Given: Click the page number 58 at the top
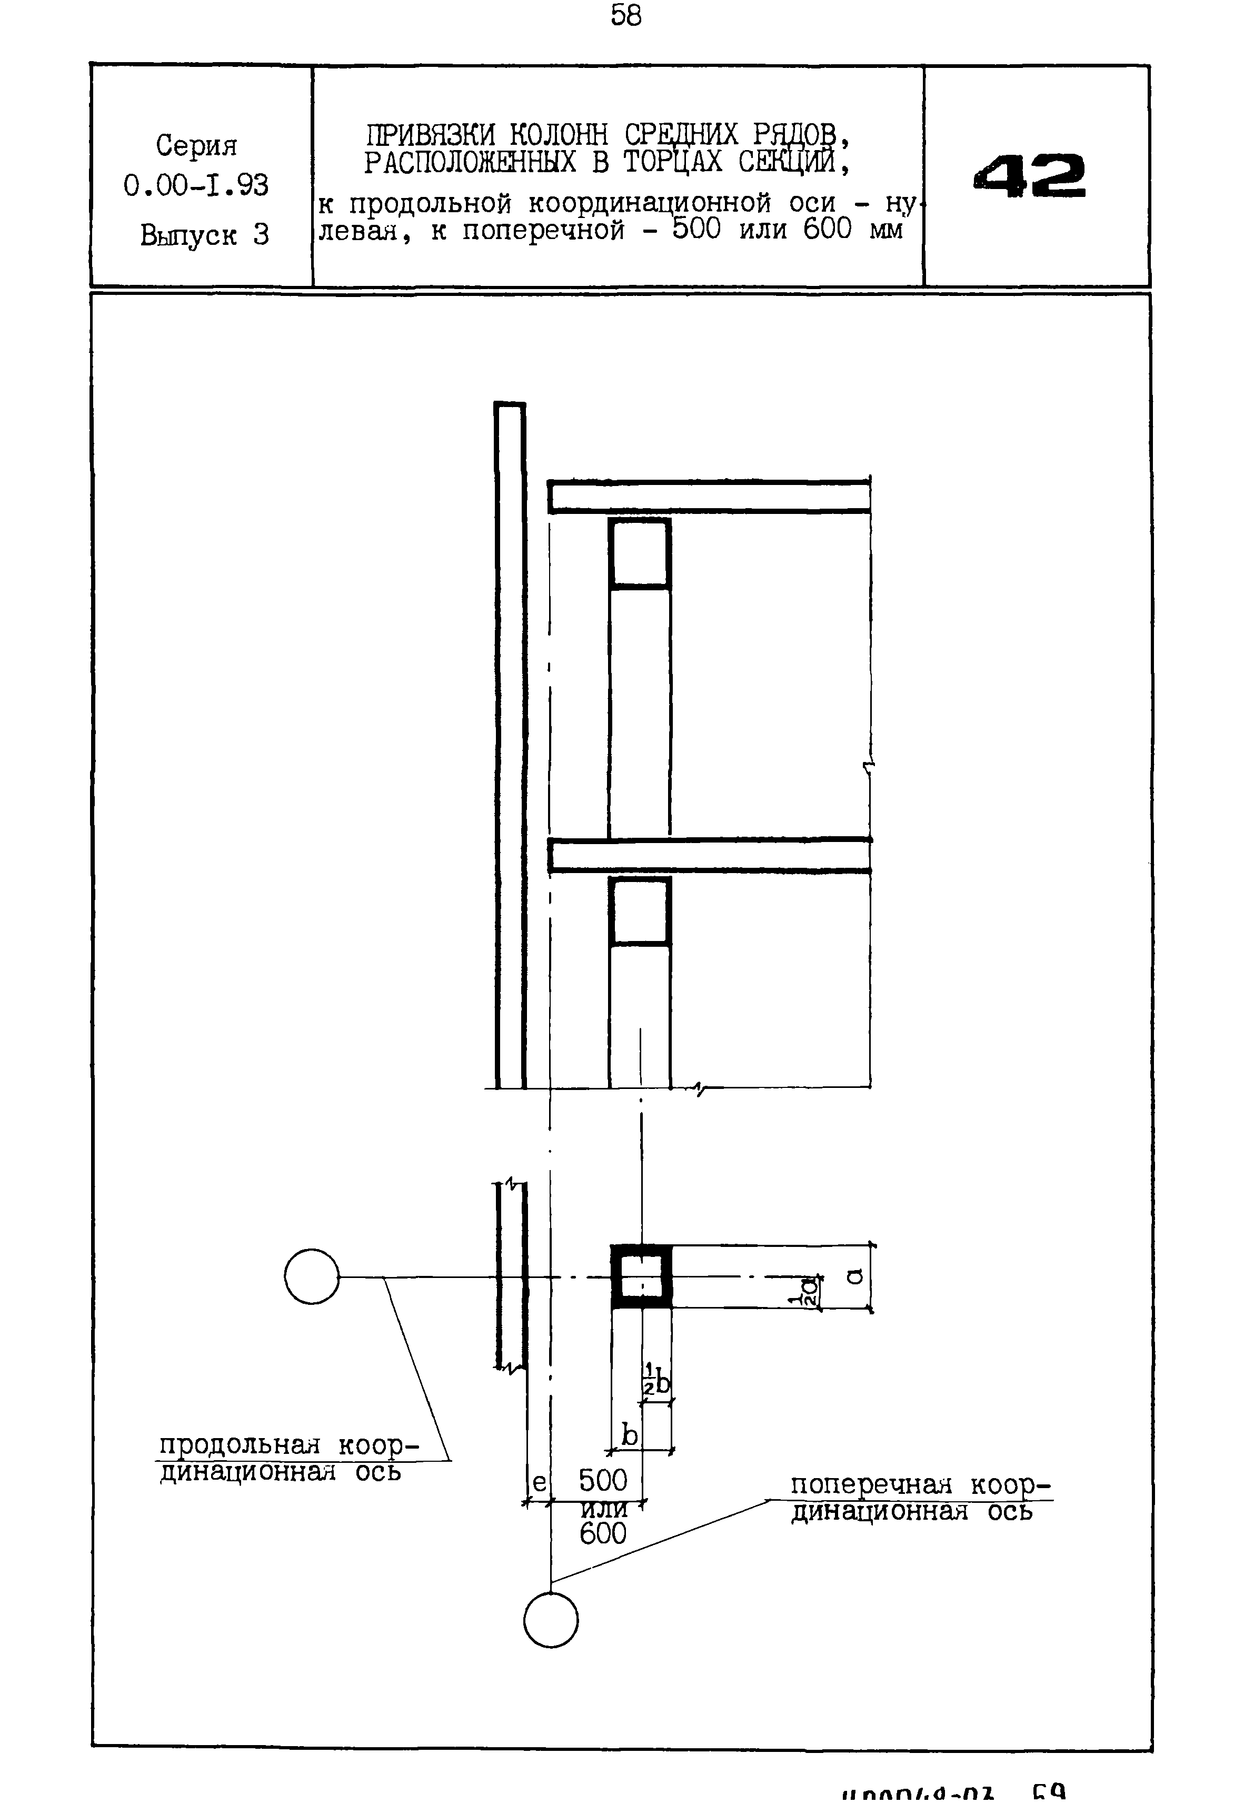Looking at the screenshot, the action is click(x=626, y=16).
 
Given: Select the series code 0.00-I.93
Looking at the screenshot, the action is click(x=196, y=185).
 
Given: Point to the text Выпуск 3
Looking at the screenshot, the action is click(x=204, y=235).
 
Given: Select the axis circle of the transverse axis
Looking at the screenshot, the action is click(x=551, y=1619).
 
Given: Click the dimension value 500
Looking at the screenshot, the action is click(x=602, y=1480).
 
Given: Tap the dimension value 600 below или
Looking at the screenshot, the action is click(x=602, y=1533).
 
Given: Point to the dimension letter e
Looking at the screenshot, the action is click(x=539, y=1482).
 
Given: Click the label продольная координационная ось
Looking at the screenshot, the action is click(x=288, y=1459).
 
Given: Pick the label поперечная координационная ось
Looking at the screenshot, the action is click(x=920, y=1498).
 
